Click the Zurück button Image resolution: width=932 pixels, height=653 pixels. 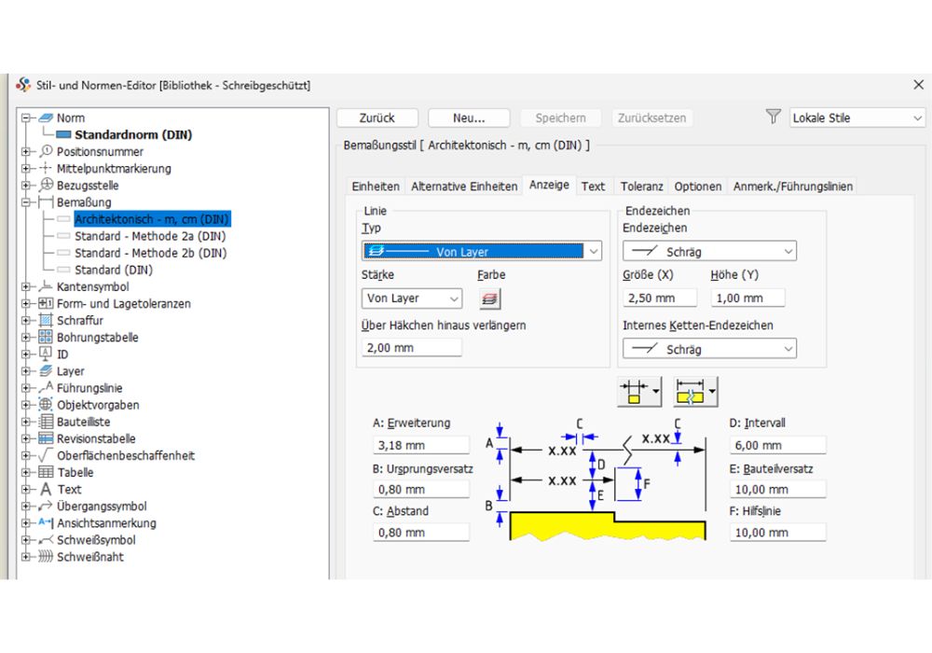tap(377, 118)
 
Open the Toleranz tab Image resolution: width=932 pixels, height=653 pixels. tap(641, 187)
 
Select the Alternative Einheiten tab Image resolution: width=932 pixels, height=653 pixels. tap(464, 187)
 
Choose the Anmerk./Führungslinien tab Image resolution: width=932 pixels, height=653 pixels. tap(792, 187)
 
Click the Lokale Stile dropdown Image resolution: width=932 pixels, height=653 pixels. tap(856, 118)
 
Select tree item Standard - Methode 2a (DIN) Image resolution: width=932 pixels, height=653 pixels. tap(150, 236)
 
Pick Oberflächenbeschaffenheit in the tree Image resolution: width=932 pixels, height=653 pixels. tap(126, 455)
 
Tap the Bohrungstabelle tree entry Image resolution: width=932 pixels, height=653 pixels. tap(97, 337)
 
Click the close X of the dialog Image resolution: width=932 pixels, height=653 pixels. tap(918, 85)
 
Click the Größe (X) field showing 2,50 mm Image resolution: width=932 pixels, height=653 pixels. tap(660, 298)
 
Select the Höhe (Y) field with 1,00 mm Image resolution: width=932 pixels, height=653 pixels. tap(747, 298)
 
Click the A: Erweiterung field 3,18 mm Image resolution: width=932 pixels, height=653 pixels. tap(420, 445)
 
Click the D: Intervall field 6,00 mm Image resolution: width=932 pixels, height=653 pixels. tap(777, 445)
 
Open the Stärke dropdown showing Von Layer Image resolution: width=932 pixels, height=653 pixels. tap(412, 299)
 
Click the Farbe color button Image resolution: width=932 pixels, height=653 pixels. tap(489, 299)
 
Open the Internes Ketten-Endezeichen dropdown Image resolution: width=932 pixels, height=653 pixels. tap(709, 349)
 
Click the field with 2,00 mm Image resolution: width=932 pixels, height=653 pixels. tap(411, 347)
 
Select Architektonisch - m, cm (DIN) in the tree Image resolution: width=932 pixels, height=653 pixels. tap(152, 219)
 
